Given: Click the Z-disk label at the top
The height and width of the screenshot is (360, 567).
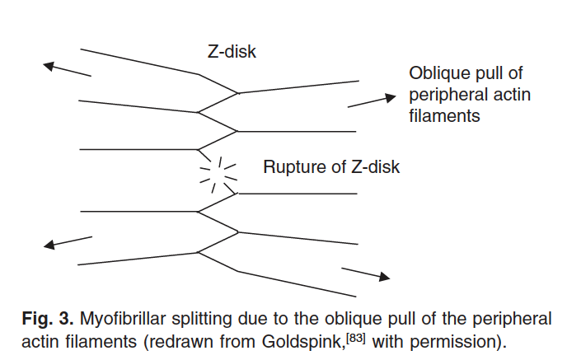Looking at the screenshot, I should [232, 51].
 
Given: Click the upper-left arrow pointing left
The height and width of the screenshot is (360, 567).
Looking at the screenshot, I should [67, 69].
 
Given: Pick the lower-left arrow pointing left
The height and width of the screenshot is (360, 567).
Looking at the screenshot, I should [68, 241].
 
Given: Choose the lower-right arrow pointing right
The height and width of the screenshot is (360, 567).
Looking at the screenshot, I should [365, 274].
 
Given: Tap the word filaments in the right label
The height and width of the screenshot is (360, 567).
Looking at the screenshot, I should [444, 116].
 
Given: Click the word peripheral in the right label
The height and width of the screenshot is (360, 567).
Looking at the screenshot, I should [446, 95].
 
